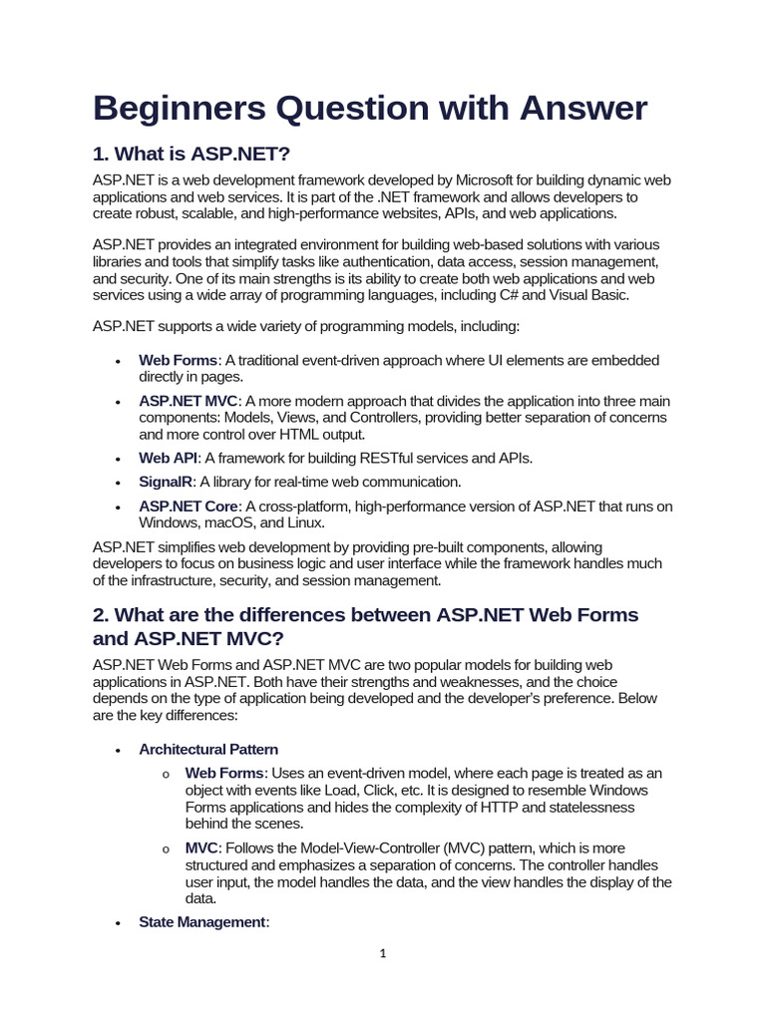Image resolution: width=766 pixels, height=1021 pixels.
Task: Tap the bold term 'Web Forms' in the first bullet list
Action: click(178, 360)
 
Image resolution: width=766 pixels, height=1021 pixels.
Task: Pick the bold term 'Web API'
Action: click(169, 458)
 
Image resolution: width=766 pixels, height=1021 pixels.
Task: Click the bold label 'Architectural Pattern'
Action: click(208, 749)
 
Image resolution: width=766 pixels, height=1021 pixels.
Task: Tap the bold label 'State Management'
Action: click(202, 922)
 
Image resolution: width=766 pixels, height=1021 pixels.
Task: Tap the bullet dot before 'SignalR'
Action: click(118, 484)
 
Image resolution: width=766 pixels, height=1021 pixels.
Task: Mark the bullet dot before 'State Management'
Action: click(118, 924)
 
